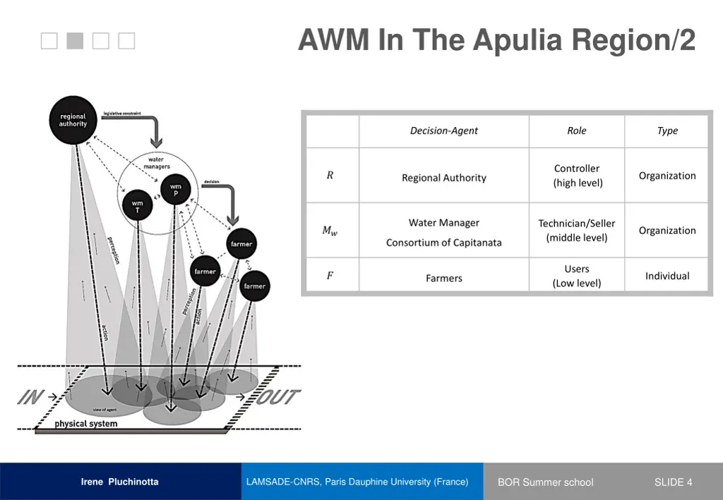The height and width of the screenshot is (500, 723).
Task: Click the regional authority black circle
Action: pos(73,121)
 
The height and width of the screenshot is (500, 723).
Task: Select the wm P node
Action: pos(175,190)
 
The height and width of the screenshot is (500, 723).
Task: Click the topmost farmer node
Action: pos(241,245)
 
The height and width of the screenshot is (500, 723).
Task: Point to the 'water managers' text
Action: pos(156,163)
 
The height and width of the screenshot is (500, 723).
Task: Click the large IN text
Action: pos(30,398)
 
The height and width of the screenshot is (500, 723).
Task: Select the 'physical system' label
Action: pos(86,424)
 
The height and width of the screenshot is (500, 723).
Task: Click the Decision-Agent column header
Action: pos(443,130)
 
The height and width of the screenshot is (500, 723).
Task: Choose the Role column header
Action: pos(576,130)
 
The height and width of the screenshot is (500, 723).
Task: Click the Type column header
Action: pos(667,130)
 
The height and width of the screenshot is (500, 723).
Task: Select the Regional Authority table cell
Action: pos(443,178)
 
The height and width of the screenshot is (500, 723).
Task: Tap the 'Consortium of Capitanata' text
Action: pos(443,243)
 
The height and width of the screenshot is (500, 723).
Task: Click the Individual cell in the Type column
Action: pos(667,276)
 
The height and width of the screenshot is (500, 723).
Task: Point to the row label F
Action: pos(330,276)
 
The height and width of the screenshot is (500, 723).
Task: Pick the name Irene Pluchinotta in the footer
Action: pos(119,482)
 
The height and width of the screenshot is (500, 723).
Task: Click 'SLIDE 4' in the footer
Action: pos(673,482)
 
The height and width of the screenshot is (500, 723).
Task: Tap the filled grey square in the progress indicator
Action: pos(75,42)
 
